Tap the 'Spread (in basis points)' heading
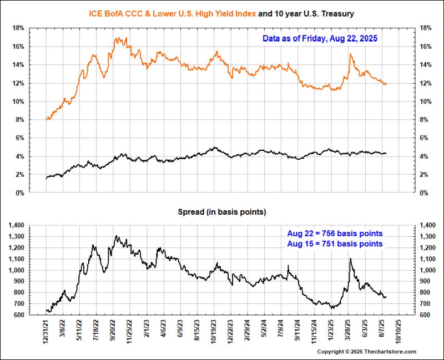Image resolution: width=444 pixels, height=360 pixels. [x=221, y=212]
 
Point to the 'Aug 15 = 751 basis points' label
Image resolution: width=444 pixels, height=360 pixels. [x=335, y=244]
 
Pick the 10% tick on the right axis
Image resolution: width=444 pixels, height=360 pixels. [x=428, y=102]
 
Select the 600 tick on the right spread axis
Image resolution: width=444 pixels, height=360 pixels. [x=427, y=315]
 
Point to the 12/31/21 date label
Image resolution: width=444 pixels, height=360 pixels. [x=47, y=331]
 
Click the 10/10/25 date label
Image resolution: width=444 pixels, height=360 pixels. [x=397, y=331]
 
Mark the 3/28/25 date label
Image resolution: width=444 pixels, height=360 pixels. [x=349, y=331]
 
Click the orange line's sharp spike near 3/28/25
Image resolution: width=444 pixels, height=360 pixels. [x=350, y=54]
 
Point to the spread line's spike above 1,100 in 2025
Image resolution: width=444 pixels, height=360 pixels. [x=350, y=259]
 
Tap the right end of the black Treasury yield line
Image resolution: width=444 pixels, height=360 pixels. [x=386, y=153]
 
